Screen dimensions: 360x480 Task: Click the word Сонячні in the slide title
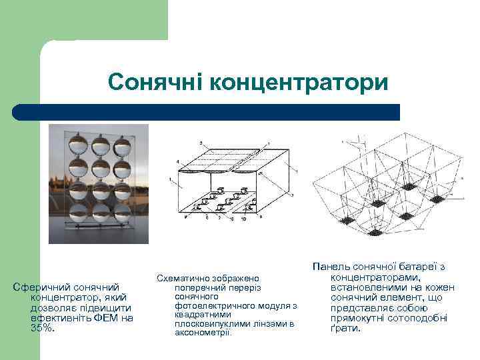click(x=155, y=83)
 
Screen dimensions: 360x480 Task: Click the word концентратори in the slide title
click(x=297, y=83)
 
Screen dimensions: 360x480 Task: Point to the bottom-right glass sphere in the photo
click(x=123, y=213)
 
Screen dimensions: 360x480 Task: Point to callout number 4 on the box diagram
click(x=177, y=161)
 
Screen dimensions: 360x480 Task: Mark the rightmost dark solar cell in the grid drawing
click(x=437, y=198)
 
